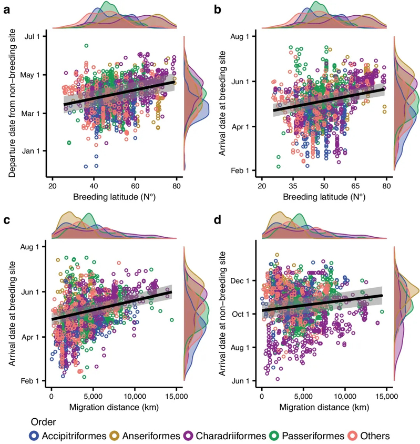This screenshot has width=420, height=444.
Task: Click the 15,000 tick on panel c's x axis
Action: (176, 393)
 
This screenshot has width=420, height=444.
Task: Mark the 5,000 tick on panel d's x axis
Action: (303, 393)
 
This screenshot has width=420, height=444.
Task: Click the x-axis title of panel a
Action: (114, 197)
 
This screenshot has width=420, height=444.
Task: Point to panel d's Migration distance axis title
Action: (324, 407)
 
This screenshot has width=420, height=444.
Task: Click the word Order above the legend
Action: (44, 422)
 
